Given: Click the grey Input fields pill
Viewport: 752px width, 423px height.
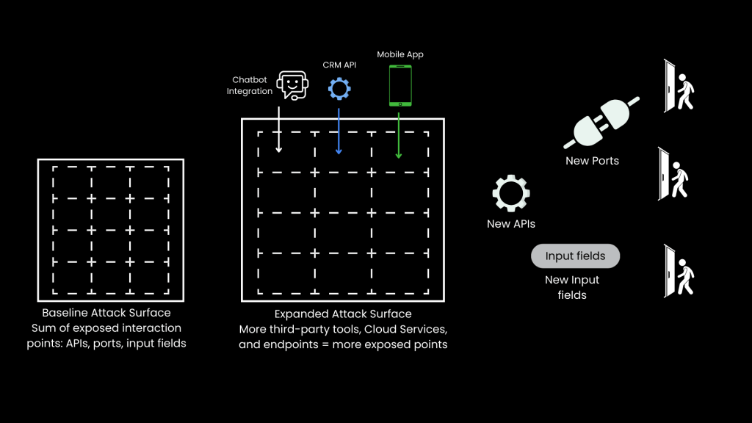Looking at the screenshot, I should coord(575,256).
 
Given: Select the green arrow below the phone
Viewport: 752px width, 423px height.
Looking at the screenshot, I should coord(399,134).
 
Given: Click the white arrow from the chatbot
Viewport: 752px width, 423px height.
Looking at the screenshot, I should coord(279,129).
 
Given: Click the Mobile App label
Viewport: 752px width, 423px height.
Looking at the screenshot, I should coord(399,54).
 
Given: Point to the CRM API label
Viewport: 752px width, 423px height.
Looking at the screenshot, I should coord(339,65).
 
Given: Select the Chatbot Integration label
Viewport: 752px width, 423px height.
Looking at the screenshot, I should coord(250,85).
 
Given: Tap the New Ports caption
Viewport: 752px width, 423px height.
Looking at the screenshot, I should coord(592,161).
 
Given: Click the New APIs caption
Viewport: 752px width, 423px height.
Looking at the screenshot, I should coord(511,223).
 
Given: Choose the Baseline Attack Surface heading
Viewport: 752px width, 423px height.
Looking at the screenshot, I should coord(106,312).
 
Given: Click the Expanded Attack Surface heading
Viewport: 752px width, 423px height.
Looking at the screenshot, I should coord(343,314).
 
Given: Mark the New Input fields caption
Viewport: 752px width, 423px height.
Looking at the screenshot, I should coord(572,287).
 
